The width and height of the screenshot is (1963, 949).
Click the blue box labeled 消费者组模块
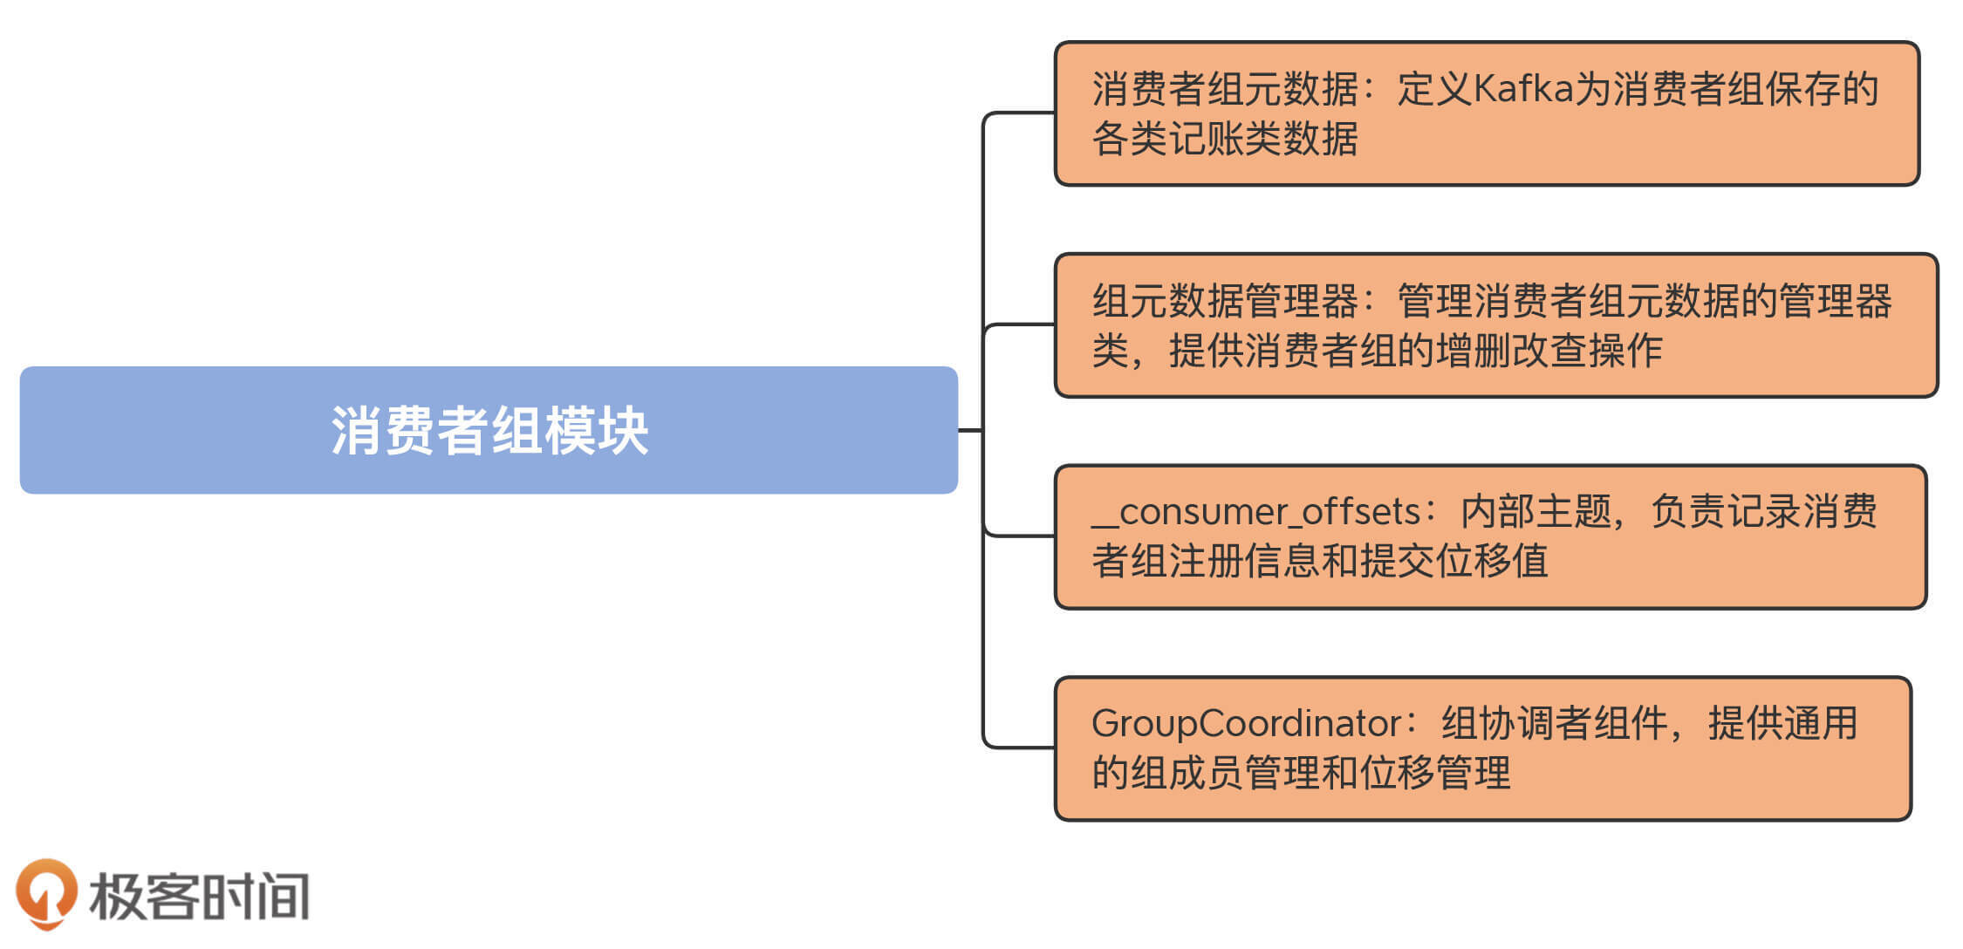489,430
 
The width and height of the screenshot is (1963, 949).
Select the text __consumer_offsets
1256,512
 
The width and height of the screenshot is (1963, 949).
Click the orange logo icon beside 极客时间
45,893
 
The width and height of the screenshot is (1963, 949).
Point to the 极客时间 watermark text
199,897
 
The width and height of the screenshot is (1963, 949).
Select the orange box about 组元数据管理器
1495,325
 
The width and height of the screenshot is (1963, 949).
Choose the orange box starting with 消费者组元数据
1487,113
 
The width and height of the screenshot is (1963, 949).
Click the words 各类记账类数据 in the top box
1225,139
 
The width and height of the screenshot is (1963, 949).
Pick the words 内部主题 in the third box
1536,512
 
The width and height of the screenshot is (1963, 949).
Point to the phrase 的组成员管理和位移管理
1301,773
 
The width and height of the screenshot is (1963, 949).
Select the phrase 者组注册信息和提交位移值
1319,561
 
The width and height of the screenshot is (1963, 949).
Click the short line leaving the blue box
970,430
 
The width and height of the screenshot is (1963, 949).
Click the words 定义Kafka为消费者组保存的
1638,89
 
